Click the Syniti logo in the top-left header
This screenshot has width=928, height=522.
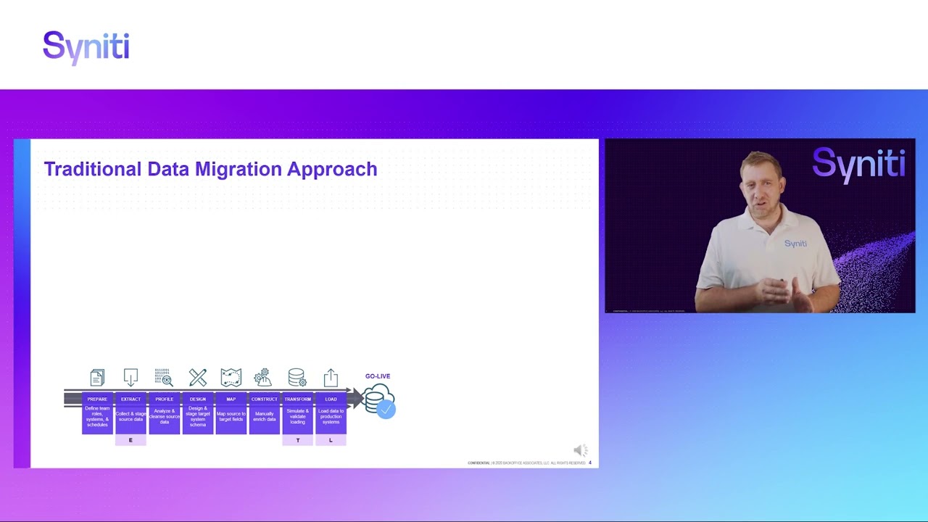pos(86,48)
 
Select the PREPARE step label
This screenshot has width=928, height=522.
pos(97,399)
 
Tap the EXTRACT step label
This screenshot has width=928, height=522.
pos(130,399)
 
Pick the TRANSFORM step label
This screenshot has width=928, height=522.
pos(297,399)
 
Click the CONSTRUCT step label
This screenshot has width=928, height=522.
pos(264,399)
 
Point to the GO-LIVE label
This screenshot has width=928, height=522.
pos(378,376)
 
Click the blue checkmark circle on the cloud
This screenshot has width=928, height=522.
pos(386,410)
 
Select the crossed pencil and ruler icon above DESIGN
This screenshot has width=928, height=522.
pos(198,377)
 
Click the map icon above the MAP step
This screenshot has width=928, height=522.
pos(231,377)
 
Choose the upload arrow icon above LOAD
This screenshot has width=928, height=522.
pos(331,377)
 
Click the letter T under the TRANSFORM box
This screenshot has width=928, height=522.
pos(297,440)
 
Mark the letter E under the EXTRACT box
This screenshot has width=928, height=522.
pos(130,440)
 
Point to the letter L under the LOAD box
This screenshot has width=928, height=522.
pos(331,440)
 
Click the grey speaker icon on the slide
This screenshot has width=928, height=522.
pos(580,450)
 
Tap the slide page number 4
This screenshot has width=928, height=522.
pos(590,463)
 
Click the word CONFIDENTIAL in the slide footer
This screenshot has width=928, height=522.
pos(478,463)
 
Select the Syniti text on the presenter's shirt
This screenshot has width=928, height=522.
pos(795,244)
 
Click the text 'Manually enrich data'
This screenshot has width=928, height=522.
pos(264,416)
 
